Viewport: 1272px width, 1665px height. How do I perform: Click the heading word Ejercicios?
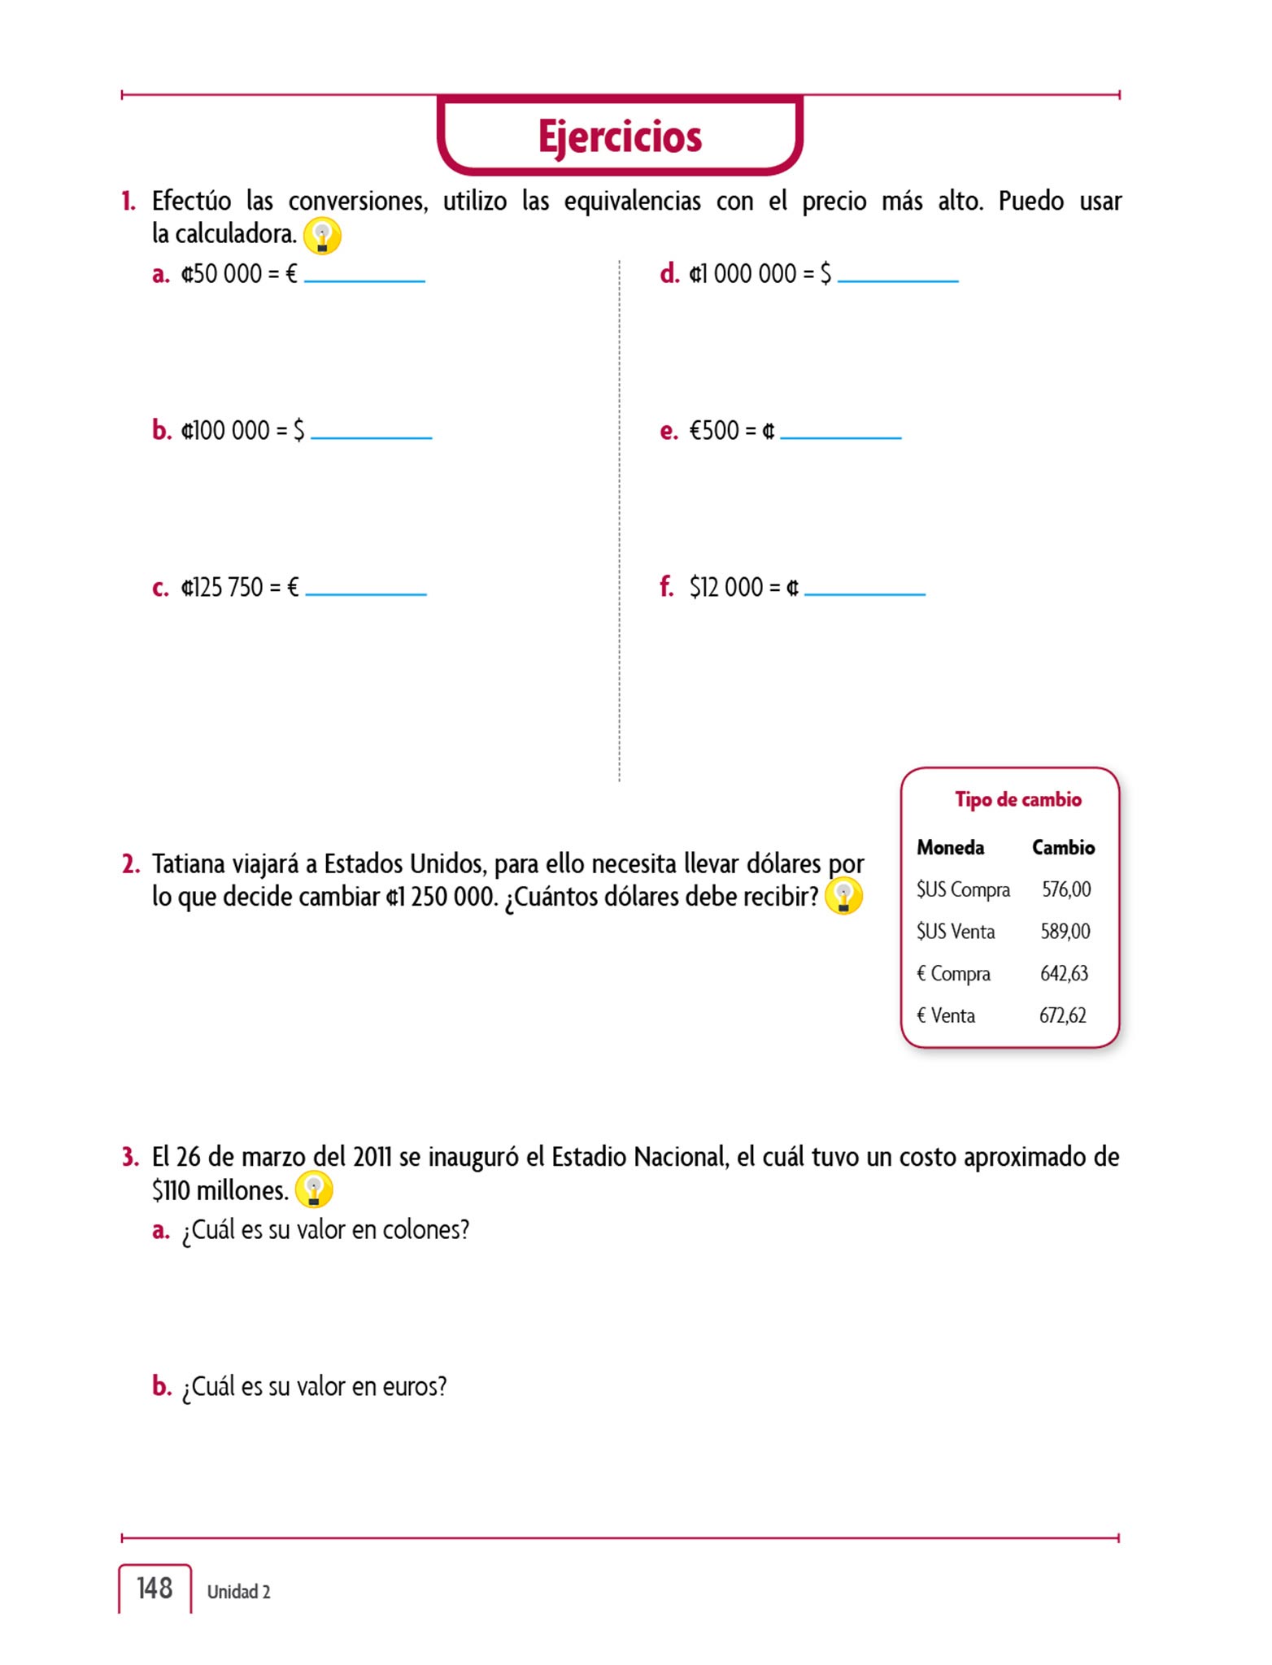pyautogui.click(x=620, y=137)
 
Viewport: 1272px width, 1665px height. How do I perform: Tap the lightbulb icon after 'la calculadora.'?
pyautogui.click(x=322, y=237)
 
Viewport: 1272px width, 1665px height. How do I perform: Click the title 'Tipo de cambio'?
pyautogui.click(x=1017, y=800)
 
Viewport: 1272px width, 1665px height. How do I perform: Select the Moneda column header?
pyautogui.click(x=950, y=848)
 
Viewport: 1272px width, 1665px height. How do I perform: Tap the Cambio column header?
pyautogui.click(x=1063, y=848)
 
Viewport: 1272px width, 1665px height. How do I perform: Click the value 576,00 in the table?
pyautogui.click(x=1066, y=889)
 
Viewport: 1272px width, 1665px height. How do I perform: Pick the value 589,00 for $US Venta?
pyautogui.click(x=1065, y=932)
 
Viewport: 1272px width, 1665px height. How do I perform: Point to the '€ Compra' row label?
pyautogui.click(x=953, y=974)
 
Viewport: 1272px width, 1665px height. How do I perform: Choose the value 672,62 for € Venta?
pyautogui.click(x=1062, y=1015)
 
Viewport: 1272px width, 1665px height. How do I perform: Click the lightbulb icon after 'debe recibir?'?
pyautogui.click(x=843, y=897)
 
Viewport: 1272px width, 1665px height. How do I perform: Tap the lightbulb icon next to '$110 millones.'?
pyautogui.click(x=314, y=1191)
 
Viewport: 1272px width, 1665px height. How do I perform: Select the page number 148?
pyautogui.click(x=155, y=1589)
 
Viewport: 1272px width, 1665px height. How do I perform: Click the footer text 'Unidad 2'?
pyautogui.click(x=238, y=1592)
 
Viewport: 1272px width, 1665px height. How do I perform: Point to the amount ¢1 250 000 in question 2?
pyautogui.click(x=440, y=897)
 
